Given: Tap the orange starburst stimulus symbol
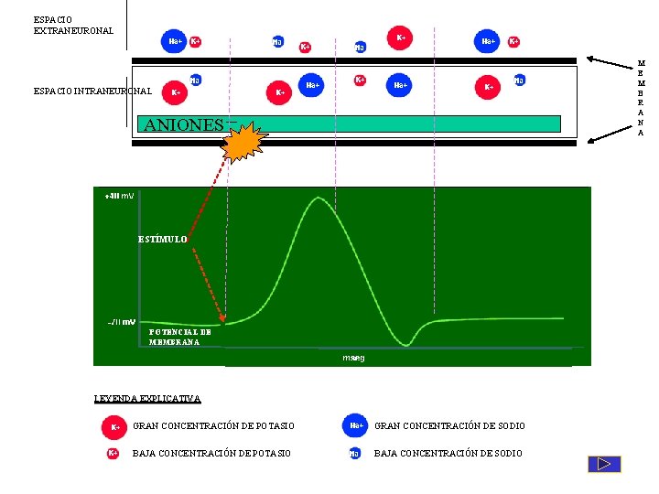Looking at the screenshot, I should pos(245,143).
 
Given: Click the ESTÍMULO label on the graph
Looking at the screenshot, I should pos(163,239).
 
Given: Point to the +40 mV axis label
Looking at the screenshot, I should pos(120,196).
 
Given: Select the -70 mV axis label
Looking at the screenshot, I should pos(121,322).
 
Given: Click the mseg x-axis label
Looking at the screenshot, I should pos(353,358).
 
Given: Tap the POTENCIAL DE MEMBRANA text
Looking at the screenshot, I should pos(180,337).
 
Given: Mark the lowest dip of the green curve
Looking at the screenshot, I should pos(405,344).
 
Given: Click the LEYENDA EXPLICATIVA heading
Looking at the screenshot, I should pos(147,398).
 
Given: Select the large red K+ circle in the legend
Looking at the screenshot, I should pos(114,426).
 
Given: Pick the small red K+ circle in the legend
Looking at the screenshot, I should pos(113,453).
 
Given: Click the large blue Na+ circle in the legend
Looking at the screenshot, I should pos(355,425).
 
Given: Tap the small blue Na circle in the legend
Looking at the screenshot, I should pos(354,454).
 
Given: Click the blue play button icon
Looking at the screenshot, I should pos(604,464).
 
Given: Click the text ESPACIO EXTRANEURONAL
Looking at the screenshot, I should pos(73,25).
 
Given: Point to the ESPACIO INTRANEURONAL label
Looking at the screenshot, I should pos(92,91).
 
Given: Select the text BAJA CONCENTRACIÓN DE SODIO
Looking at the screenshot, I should pos(448,454).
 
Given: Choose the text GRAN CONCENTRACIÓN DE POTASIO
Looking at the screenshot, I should pos(214,426).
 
